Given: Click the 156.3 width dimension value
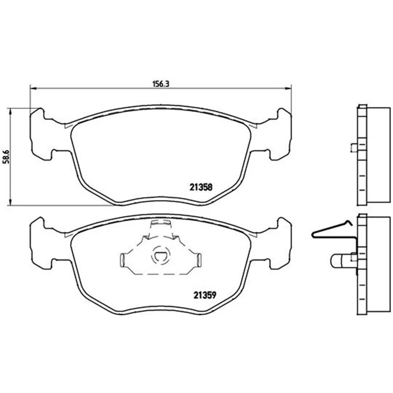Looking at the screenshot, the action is point(161,84).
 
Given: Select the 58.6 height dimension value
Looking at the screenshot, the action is point(6,157).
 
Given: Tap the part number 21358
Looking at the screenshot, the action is point(201,187).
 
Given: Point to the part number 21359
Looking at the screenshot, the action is point(204,295).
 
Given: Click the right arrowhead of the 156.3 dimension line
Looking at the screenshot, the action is point(288,88).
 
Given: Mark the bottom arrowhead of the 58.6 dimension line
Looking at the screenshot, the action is point(10,202).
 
